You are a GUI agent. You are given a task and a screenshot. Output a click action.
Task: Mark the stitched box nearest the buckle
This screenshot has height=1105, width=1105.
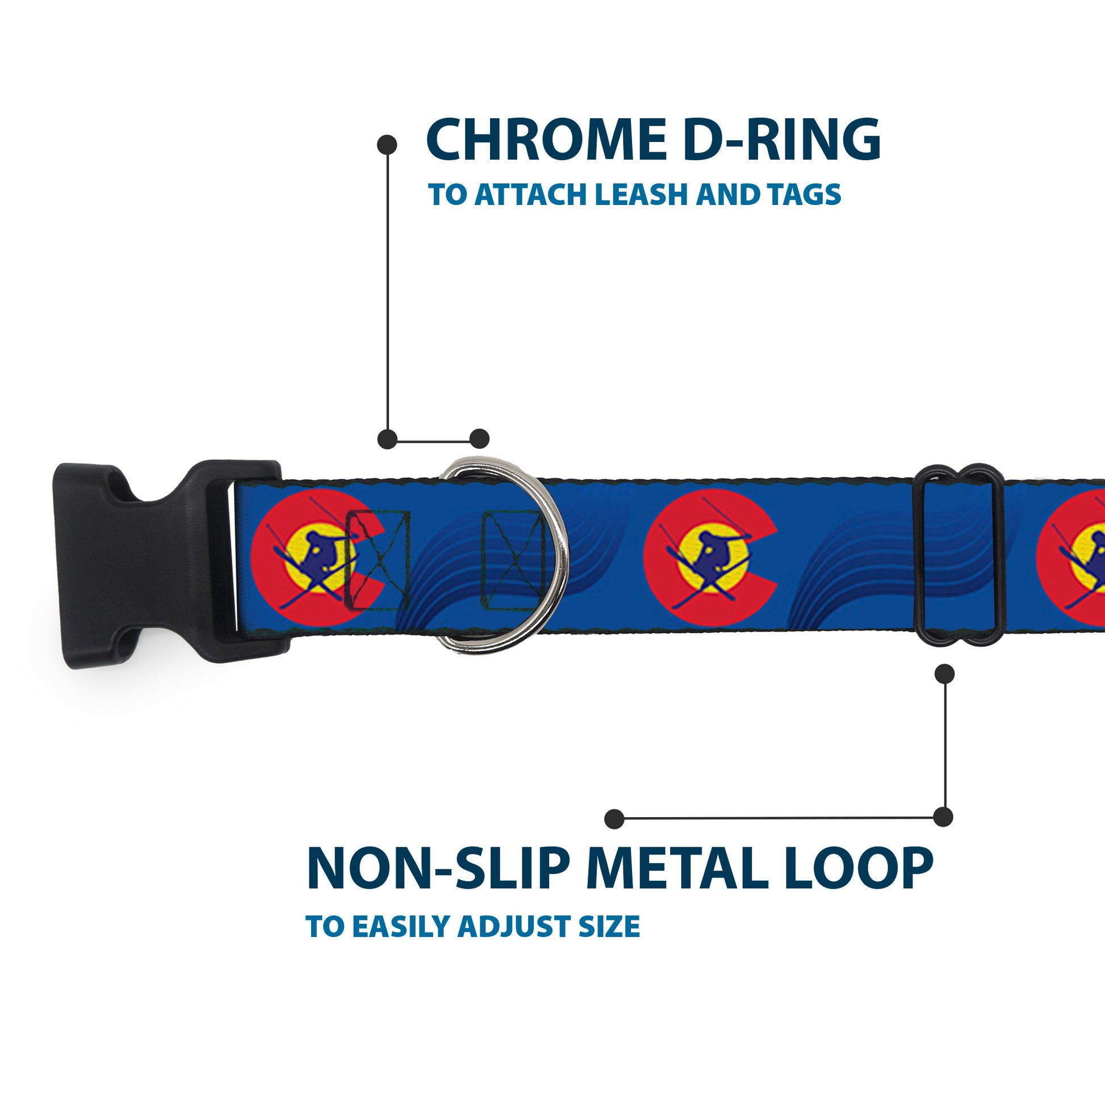(x=378, y=560)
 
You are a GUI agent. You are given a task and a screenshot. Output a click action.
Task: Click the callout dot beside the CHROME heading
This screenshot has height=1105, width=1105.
(x=387, y=145)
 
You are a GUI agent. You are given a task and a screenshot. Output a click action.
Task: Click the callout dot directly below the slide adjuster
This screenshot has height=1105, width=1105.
(x=944, y=674)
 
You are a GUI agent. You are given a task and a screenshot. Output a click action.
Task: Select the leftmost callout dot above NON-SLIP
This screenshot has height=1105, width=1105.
(x=614, y=818)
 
